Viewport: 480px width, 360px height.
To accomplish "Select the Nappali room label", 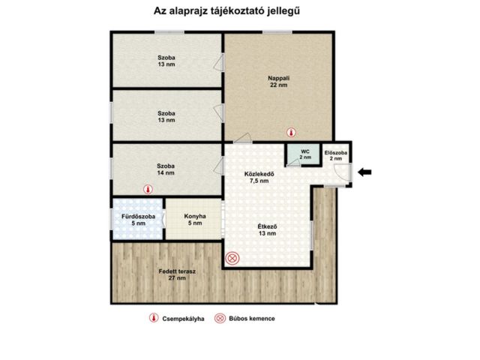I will [x=279, y=77].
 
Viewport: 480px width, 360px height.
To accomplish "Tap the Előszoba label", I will [x=336, y=152].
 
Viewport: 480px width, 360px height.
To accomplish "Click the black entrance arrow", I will [x=364, y=172].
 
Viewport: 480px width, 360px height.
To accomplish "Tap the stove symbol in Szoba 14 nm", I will [x=166, y=190].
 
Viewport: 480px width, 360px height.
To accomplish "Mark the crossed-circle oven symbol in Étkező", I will [x=232, y=259].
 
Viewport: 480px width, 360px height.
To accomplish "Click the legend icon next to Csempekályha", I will [x=153, y=319].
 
